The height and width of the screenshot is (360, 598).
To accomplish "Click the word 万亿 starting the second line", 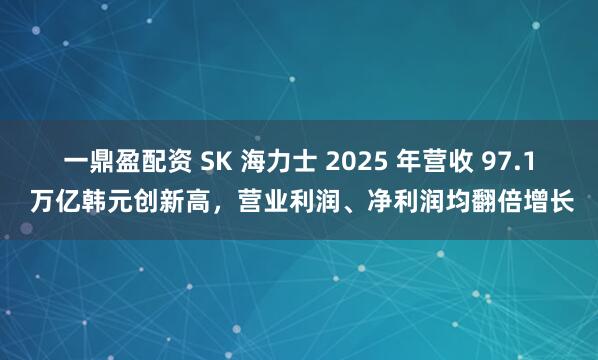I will point(53,201).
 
